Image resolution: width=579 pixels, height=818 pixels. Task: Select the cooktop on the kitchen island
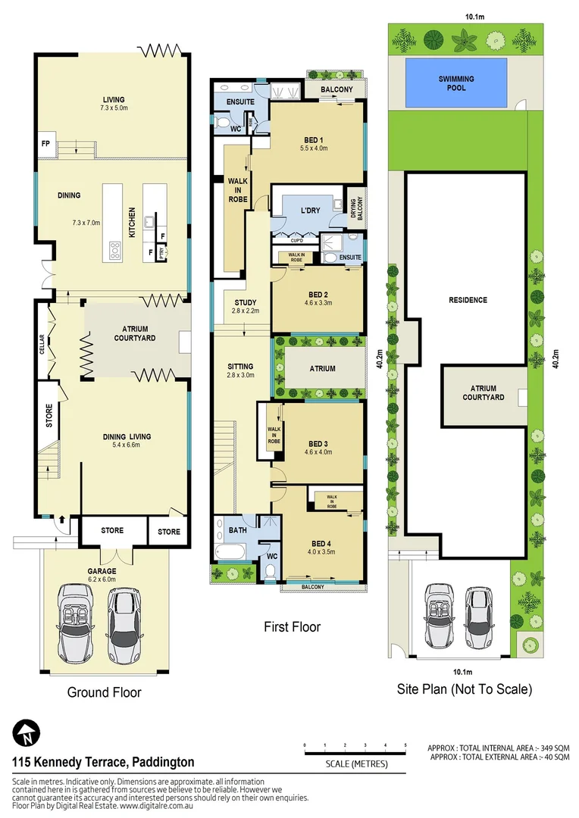coord(116,249)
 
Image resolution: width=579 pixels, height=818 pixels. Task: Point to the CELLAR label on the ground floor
coord(43,345)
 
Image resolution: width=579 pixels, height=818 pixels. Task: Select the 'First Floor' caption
coord(292,627)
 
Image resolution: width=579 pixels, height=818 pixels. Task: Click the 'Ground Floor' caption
coord(105,692)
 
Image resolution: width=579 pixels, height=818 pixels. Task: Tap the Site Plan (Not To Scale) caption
coord(465,689)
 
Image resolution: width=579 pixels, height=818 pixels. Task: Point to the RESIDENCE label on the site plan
coord(468,300)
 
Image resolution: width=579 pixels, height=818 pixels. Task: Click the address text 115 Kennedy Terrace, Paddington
coord(103,762)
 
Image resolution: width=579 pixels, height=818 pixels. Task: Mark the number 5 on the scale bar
coord(405,746)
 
